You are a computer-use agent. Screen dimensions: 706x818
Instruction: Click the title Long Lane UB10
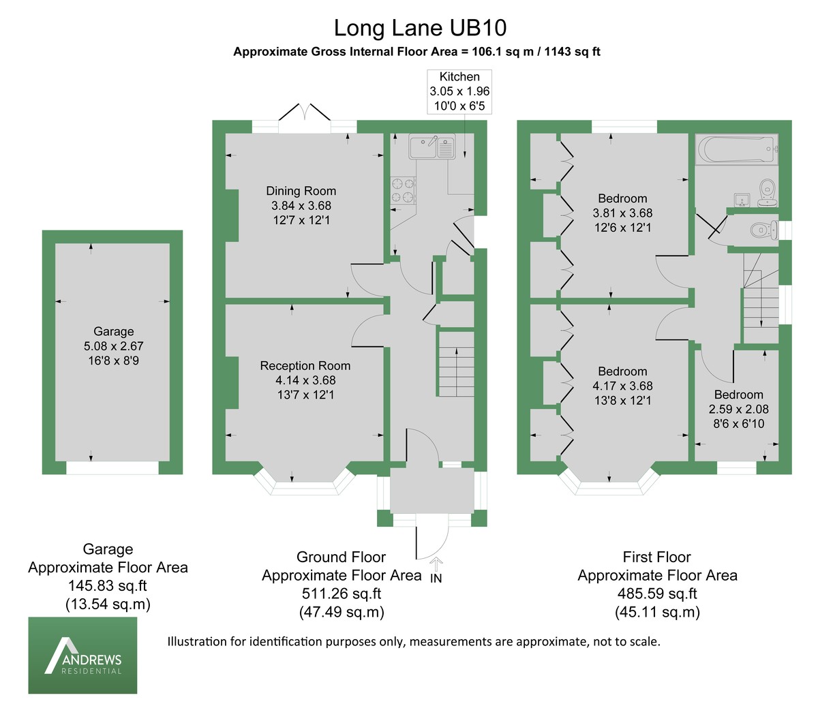(420, 29)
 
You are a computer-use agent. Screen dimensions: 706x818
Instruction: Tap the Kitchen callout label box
(459, 91)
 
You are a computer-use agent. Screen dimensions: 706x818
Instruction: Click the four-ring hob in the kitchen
(402, 190)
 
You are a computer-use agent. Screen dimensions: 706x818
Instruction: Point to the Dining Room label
(301, 191)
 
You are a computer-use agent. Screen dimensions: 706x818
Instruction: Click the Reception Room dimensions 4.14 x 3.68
(305, 380)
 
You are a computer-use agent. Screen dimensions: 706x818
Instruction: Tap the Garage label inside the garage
(113, 331)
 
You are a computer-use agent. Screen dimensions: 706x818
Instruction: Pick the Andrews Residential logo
(82, 655)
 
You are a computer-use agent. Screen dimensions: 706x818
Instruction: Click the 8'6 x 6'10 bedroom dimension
(738, 424)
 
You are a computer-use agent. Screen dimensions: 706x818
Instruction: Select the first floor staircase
(760, 300)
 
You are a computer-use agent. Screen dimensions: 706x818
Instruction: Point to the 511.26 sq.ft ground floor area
(342, 593)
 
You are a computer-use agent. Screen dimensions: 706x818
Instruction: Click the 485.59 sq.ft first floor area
(657, 593)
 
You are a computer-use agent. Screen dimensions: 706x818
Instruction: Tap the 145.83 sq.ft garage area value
(108, 585)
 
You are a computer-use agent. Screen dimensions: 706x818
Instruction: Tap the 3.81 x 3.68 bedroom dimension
(622, 213)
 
